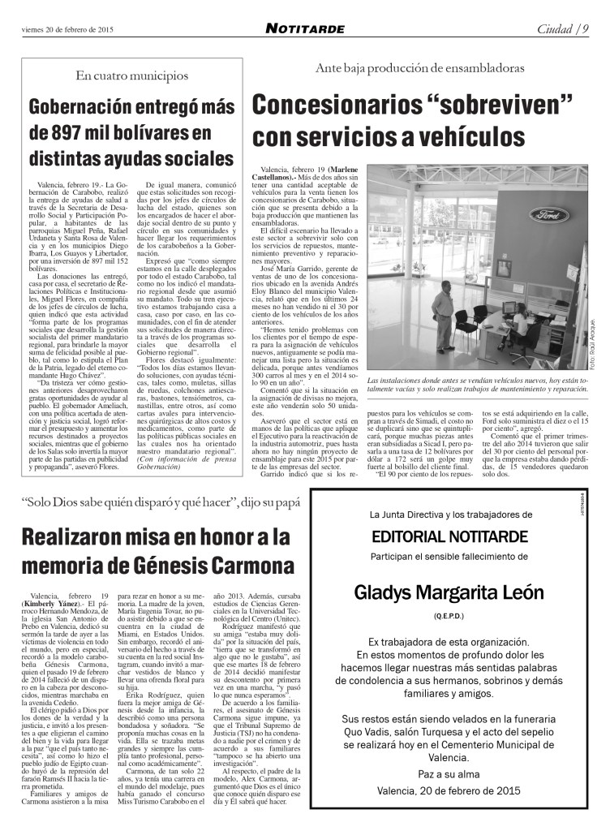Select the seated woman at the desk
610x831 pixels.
520,325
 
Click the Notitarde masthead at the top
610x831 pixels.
305,29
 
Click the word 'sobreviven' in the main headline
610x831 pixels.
481,105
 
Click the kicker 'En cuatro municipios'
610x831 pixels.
131,76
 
